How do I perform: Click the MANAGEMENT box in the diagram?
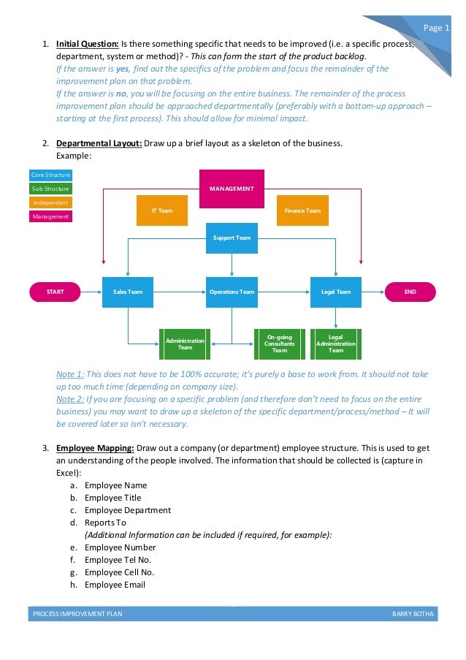[232, 189]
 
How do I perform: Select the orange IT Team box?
[162, 210]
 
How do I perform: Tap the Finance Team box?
[302, 210]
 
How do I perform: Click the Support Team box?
[232, 238]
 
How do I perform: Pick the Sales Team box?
[128, 292]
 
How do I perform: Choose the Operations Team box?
[232, 292]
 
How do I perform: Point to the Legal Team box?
[336, 292]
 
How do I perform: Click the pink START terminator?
[55, 292]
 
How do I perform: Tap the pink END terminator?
[410, 292]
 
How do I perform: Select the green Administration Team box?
[186, 344]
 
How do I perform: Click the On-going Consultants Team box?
[279, 344]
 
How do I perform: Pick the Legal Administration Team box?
[336, 344]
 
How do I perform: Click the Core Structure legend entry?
[50, 175]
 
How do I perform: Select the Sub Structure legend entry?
[50, 189]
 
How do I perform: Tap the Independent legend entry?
[50, 202]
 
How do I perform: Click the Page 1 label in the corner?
[437, 28]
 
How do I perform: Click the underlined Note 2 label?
[70, 400]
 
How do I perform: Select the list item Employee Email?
[115, 585]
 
